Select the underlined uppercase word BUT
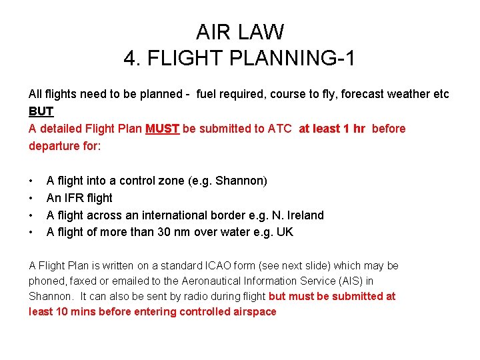pyautogui.click(x=41, y=111)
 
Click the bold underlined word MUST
pyautogui.click(x=162, y=129)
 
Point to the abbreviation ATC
pyautogui.click(x=279, y=129)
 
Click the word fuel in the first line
pyautogui.click(x=207, y=94)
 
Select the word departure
pyautogui.click(x=54, y=146)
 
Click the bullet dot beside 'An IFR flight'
pyautogui.click(x=31, y=198)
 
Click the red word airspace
pyautogui.click(x=253, y=312)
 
